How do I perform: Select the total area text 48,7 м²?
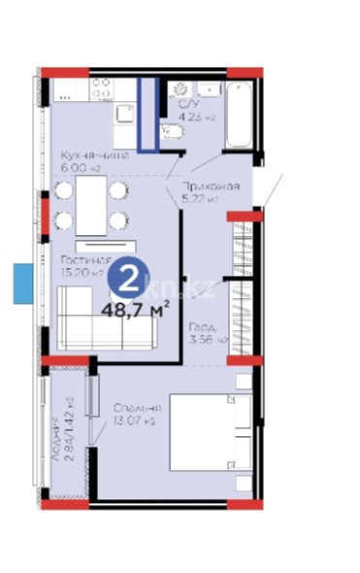[x=136, y=309]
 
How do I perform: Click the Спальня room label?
[x=136, y=407]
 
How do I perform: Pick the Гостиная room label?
[x=82, y=260]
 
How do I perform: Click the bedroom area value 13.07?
[x=135, y=422]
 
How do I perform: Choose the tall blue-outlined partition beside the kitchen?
[x=147, y=114]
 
